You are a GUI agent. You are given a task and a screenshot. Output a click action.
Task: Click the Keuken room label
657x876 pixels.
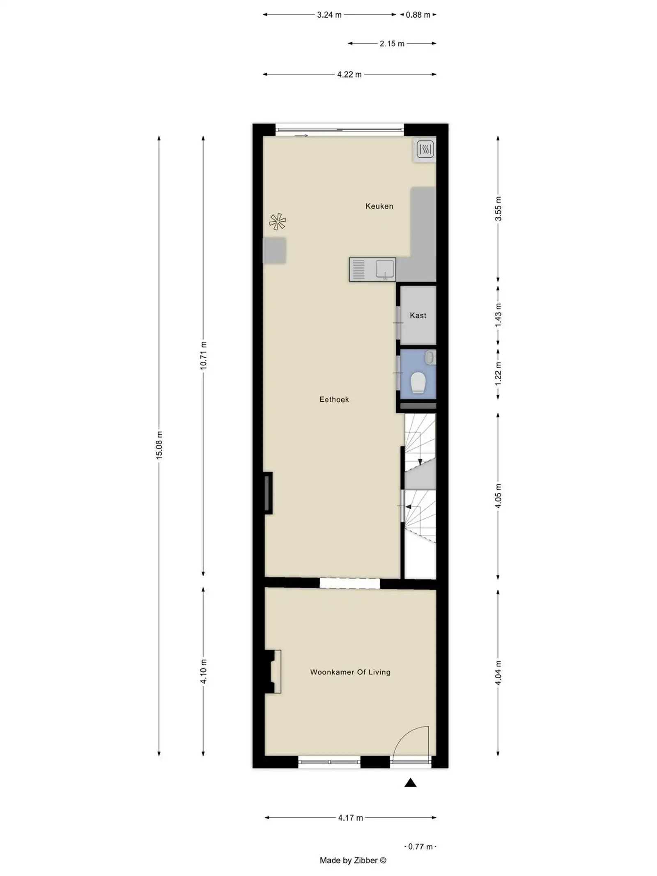(379, 206)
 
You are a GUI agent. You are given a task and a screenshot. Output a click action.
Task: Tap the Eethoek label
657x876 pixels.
(334, 399)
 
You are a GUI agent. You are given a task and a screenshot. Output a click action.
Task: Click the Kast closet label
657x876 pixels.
(418, 315)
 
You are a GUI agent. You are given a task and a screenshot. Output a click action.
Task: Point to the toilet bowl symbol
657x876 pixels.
(418, 382)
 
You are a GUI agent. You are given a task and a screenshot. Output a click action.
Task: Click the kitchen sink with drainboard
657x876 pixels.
(372, 269)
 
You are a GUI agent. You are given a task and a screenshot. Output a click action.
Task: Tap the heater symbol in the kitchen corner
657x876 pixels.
(425, 149)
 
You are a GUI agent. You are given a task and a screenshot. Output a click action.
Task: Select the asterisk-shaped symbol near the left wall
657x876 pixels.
(278, 221)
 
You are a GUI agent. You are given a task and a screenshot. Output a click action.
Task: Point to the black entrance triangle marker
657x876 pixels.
(410, 783)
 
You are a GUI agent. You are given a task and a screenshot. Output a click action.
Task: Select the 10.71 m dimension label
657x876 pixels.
(203, 355)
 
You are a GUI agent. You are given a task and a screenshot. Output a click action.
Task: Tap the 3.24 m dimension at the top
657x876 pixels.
(329, 15)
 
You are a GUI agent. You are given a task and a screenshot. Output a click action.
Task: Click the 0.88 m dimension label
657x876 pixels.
(418, 15)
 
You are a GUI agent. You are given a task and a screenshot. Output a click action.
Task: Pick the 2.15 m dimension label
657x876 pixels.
(392, 44)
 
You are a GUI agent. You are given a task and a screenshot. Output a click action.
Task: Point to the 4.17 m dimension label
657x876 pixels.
(350, 818)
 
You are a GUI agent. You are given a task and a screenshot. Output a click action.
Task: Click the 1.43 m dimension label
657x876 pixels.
(498, 315)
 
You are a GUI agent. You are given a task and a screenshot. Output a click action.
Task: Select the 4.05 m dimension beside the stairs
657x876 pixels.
(498, 496)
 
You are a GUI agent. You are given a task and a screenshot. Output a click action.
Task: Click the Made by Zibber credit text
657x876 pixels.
(353, 860)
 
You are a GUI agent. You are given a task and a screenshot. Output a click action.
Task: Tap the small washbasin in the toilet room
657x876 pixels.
(430, 357)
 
